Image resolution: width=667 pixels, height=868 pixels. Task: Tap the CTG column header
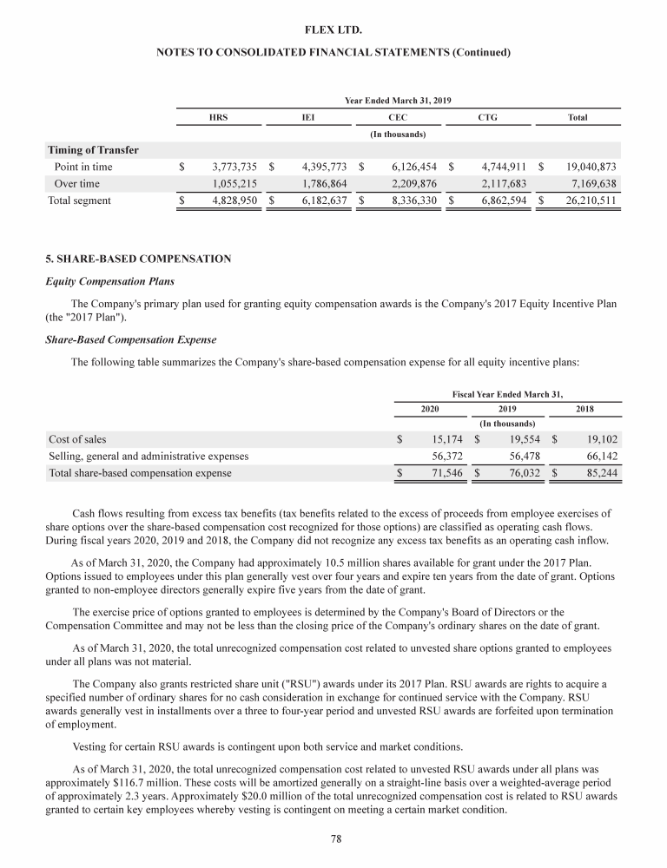tap(487, 117)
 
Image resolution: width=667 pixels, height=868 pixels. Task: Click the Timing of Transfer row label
tap(93, 149)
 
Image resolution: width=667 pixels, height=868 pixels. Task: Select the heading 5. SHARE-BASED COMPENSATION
tap(138, 259)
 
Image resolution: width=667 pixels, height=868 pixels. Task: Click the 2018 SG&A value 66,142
tap(600, 456)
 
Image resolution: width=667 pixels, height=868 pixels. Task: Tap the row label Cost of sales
tap(77, 439)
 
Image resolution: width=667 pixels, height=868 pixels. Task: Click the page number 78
tap(333, 839)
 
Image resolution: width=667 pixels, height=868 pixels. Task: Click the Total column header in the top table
tap(577, 117)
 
